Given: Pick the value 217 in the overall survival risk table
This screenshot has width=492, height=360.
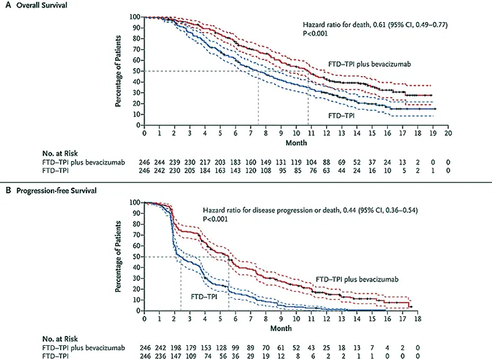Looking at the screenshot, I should pos(205,164).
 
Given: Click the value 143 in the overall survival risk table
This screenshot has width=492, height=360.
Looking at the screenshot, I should pos(235,172).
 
